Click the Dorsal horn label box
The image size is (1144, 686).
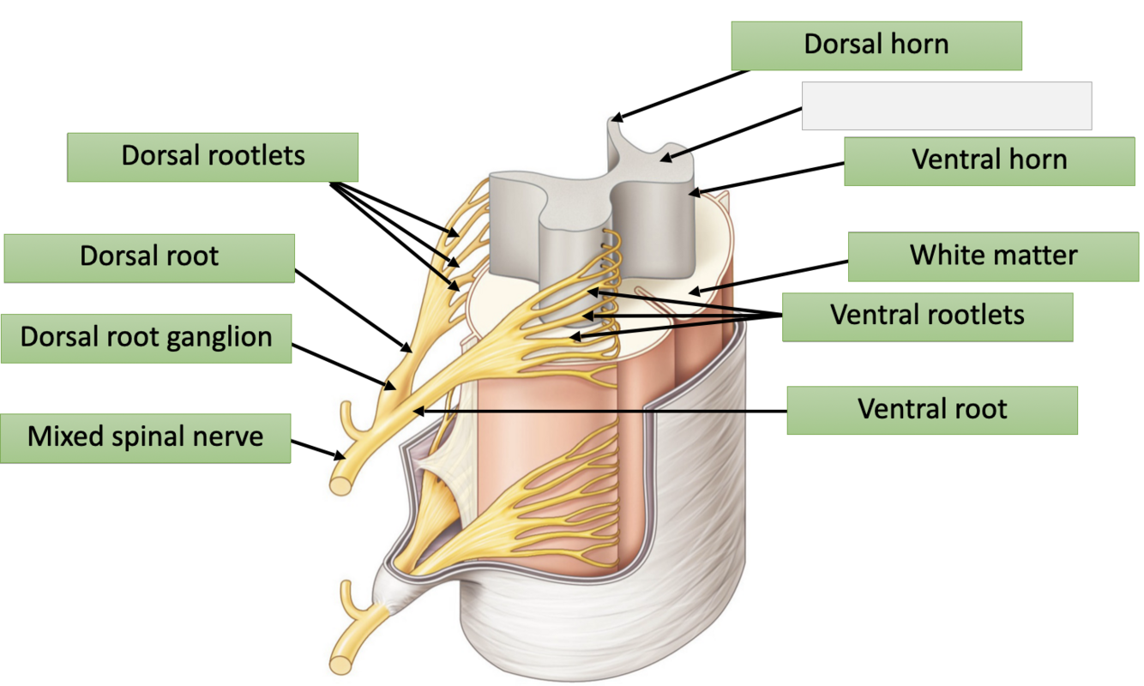click(x=876, y=45)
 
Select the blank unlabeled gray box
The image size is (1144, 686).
click(x=946, y=105)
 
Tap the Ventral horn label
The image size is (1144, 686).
click(x=989, y=160)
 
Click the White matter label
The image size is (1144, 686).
click(x=993, y=256)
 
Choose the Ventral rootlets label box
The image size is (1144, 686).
click(x=927, y=316)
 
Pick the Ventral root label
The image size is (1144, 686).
click(x=931, y=409)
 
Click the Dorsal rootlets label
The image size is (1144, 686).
click(x=213, y=156)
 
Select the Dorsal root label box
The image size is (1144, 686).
click(x=149, y=256)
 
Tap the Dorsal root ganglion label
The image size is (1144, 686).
click(x=146, y=337)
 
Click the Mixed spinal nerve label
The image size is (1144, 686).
click(x=145, y=437)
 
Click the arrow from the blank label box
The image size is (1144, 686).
click(x=733, y=133)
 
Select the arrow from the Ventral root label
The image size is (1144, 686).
click(x=600, y=412)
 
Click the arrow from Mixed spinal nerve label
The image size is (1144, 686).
click(x=313, y=448)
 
